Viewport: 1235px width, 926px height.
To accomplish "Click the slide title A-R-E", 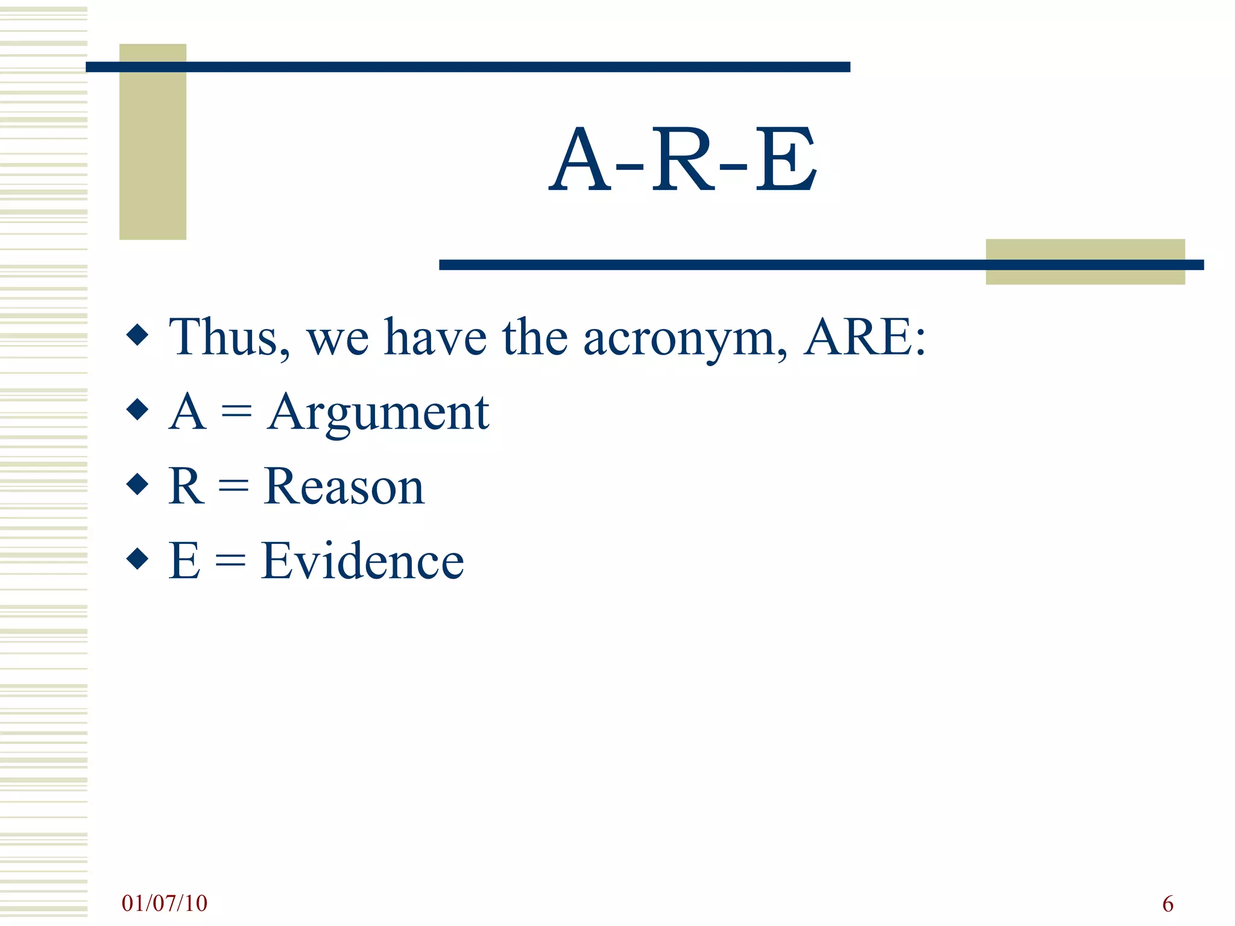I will point(683,160).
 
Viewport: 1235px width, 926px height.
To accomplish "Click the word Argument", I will point(378,413).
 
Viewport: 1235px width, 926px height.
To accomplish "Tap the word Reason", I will point(344,487).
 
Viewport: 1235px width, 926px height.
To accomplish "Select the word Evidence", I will point(362,561).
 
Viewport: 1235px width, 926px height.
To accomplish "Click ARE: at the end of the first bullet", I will point(865,338).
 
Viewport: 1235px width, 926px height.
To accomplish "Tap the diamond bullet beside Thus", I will point(138,335).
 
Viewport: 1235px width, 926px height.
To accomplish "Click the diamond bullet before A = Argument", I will point(138,409).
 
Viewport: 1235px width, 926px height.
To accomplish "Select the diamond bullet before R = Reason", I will point(138,483).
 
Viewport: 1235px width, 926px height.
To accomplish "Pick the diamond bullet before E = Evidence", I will point(138,558).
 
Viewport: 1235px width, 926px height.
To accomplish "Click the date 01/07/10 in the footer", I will point(164,903).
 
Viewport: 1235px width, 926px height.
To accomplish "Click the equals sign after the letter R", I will point(233,487).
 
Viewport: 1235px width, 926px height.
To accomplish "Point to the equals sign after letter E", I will point(230,561).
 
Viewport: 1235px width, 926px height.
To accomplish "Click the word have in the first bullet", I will point(435,338).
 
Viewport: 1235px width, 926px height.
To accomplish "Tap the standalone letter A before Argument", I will point(188,412).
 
